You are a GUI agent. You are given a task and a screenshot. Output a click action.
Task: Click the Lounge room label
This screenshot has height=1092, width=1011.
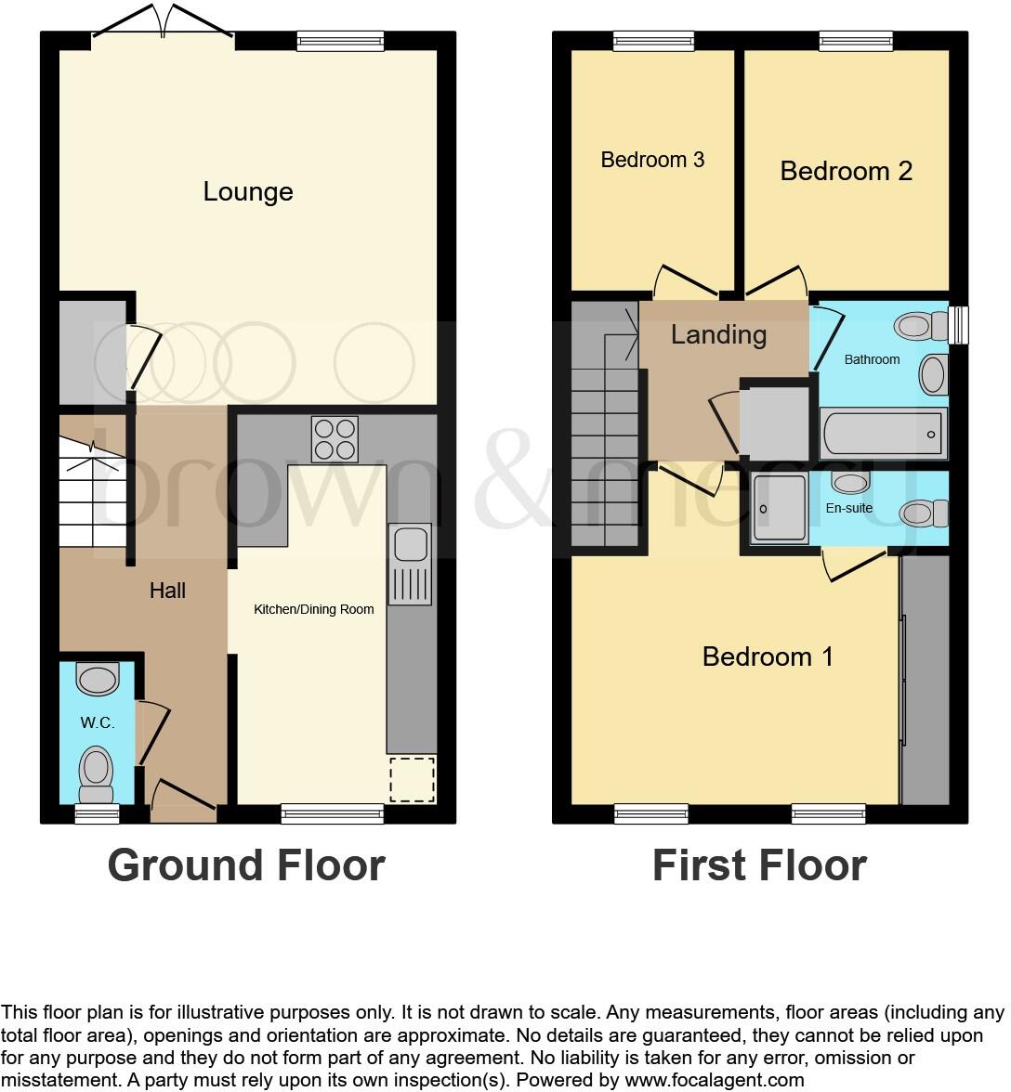248,191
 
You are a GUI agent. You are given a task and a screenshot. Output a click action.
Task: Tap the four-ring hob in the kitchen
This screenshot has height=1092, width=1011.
335,439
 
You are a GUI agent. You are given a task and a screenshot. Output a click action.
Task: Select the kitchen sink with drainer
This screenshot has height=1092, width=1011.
410,565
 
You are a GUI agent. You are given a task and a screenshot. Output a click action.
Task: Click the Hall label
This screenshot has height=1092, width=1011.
167,591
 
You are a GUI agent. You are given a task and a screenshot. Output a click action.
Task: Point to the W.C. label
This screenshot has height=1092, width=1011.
97,723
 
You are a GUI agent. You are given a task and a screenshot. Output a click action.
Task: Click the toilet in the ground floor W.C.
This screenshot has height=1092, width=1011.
97,773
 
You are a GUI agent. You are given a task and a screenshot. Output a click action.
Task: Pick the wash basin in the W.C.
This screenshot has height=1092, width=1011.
98,679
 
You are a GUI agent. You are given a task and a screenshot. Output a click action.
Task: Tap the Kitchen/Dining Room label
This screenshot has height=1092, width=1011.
314,610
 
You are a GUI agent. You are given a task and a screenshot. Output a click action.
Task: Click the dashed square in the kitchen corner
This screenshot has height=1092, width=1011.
412,780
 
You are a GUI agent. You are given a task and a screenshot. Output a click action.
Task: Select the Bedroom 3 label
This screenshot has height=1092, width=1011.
652,160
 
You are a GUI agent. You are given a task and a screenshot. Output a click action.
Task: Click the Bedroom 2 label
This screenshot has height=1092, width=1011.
846,171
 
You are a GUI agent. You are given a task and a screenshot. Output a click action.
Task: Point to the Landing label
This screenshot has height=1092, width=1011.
718,334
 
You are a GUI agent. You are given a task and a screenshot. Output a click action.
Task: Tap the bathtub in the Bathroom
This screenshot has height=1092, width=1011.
883,434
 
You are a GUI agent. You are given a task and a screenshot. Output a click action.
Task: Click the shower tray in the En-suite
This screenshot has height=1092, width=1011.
780,508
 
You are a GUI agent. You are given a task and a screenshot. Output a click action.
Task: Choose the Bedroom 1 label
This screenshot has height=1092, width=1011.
768,656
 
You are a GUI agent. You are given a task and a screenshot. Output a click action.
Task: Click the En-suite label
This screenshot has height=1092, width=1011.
849,508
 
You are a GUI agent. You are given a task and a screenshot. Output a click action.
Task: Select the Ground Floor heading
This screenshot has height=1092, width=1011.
246,865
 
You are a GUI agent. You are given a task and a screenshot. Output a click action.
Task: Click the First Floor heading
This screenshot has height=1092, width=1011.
759,865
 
